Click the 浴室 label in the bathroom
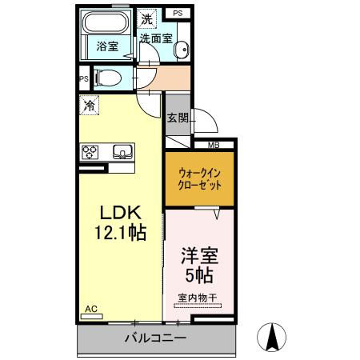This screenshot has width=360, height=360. (x=108, y=46)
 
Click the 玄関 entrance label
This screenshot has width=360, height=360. (x=178, y=118)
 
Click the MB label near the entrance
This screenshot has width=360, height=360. (x=214, y=146)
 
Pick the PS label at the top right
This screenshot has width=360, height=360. (x=178, y=14)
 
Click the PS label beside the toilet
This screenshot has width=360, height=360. (x=83, y=78)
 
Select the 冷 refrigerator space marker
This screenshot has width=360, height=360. (x=90, y=105)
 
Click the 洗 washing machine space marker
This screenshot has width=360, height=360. (x=146, y=18)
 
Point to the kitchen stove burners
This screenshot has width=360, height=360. (x=90, y=150)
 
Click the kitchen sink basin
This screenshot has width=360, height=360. (x=122, y=150)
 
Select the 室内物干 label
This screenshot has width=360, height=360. (x=198, y=298)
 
